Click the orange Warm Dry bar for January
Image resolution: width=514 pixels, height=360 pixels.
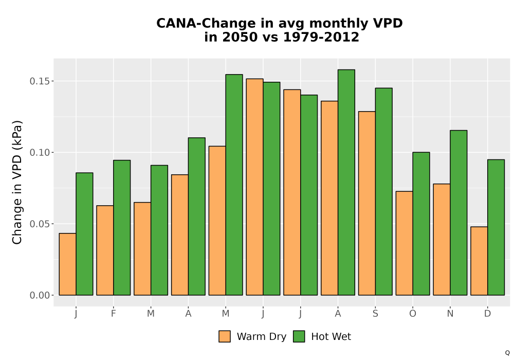pyautogui.click(x=67, y=264)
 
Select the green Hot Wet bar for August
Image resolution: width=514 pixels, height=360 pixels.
pyautogui.click(x=346, y=182)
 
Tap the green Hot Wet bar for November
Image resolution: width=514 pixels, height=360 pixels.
pyautogui.click(x=458, y=213)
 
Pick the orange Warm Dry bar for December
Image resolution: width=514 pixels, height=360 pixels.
pyautogui.click(x=479, y=261)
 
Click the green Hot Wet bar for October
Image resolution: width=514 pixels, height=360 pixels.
pyautogui.click(x=421, y=224)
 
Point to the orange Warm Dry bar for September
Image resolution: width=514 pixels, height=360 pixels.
pyautogui.click(x=367, y=203)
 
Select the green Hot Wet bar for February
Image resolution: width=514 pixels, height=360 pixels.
pyautogui.click(x=122, y=227)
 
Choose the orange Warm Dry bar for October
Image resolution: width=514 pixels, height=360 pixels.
pyautogui.click(x=405, y=243)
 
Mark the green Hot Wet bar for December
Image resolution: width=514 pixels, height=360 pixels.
pyautogui.click(x=496, y=227)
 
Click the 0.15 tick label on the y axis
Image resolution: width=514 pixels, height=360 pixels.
pyautogui.click(x=40, y=81)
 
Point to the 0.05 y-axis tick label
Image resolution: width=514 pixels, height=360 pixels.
pyautogui.click(x=40, y=224)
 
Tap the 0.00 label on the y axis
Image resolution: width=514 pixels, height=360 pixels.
pyautogui.click(x=40, y=295)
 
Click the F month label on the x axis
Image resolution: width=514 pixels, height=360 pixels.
pyautogui.click(x=114, y=314)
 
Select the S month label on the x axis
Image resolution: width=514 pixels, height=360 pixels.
pyautogui.click(x=375, y=314)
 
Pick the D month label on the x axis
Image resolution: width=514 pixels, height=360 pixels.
pyautogui.click(x=487, y=314)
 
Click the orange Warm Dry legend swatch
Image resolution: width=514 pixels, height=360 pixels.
pyautogui.click(x=225, y=336)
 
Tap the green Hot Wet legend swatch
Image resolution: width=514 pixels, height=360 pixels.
pyautogui.click(x=299, y=336)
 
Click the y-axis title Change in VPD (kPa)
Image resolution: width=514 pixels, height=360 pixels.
pyautogui.click(x=17, y=183)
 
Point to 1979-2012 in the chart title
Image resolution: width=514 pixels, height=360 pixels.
pyautogui.click(x=321, y=37)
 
